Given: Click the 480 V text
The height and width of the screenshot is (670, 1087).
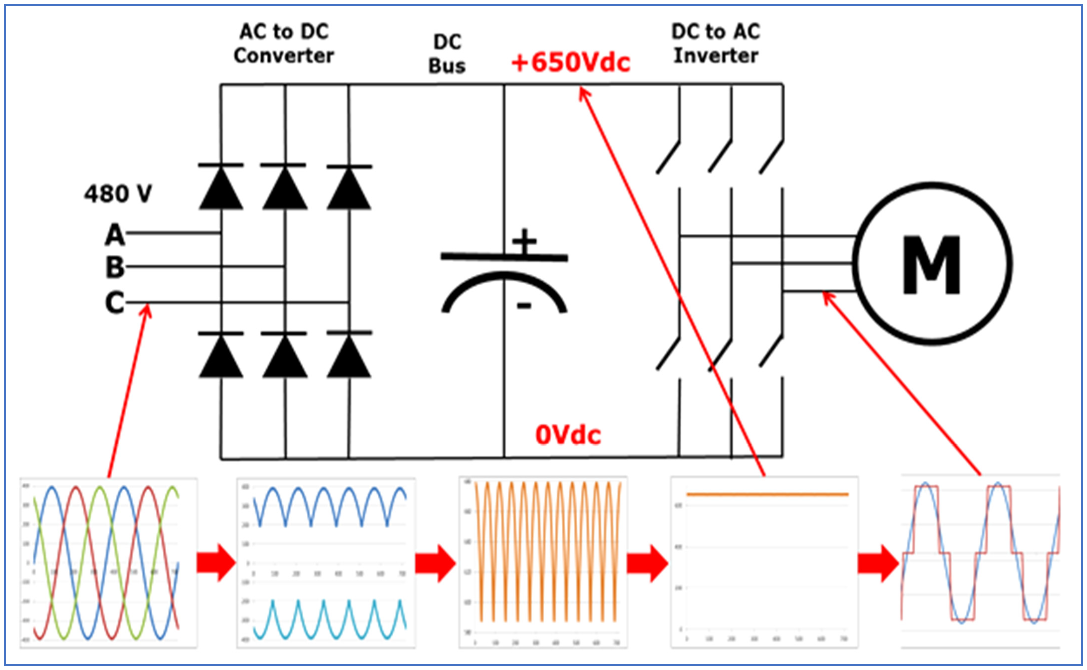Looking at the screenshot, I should click(x=118, y=194).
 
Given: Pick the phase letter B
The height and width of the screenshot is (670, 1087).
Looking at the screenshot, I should click(x=115, y=267).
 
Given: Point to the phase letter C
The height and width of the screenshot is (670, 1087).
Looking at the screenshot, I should click(x=115, y=303).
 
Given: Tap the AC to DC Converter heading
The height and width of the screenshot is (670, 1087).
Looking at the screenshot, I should click(x=284, y=43).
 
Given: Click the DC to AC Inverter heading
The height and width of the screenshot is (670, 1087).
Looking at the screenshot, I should click(x=716, y=43).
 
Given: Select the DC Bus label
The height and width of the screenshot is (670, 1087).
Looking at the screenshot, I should click(x=447, y=54).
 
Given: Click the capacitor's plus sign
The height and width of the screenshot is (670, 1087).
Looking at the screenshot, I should click(x=524, y=242).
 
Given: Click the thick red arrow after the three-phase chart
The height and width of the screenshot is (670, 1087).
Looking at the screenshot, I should click(x=216, y=563).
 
